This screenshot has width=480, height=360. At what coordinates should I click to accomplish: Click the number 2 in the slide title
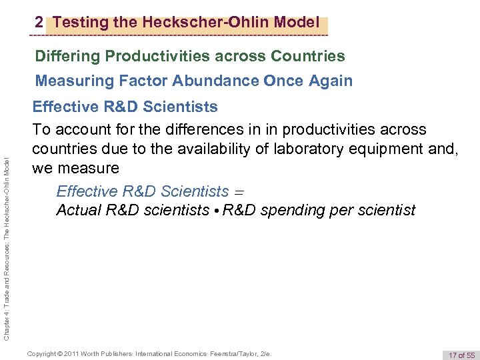click(x=39, y=23)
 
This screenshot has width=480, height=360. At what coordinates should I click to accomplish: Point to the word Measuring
click(x=69, y=81)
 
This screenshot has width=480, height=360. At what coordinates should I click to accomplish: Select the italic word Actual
click(x=78, y=211)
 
